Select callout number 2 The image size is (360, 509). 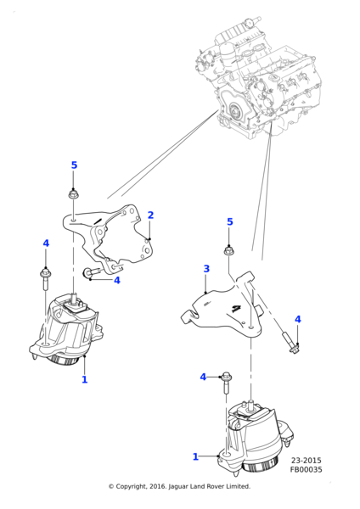pyautogui.click(x=150, y=215)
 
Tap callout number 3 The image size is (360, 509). pyautogui.click(x=206, y=269)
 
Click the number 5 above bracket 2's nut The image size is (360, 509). pyautogui.click(x=74, y=165)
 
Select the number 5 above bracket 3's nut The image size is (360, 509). pyautogui.click(x=229, y=222)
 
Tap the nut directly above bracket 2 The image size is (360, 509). pyautogui.click(x=74, y=194)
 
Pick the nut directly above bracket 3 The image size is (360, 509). pyautogui.click(x=228, y=250)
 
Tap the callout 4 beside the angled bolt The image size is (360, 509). pyautogui.click(x=297, y=319)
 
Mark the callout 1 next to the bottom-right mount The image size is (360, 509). pyautogui.click(x=195, y=457)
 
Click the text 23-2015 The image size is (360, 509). pyautogui.click(x=306, y=461)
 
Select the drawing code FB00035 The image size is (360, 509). pyautogui.click(x=306, y=469)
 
